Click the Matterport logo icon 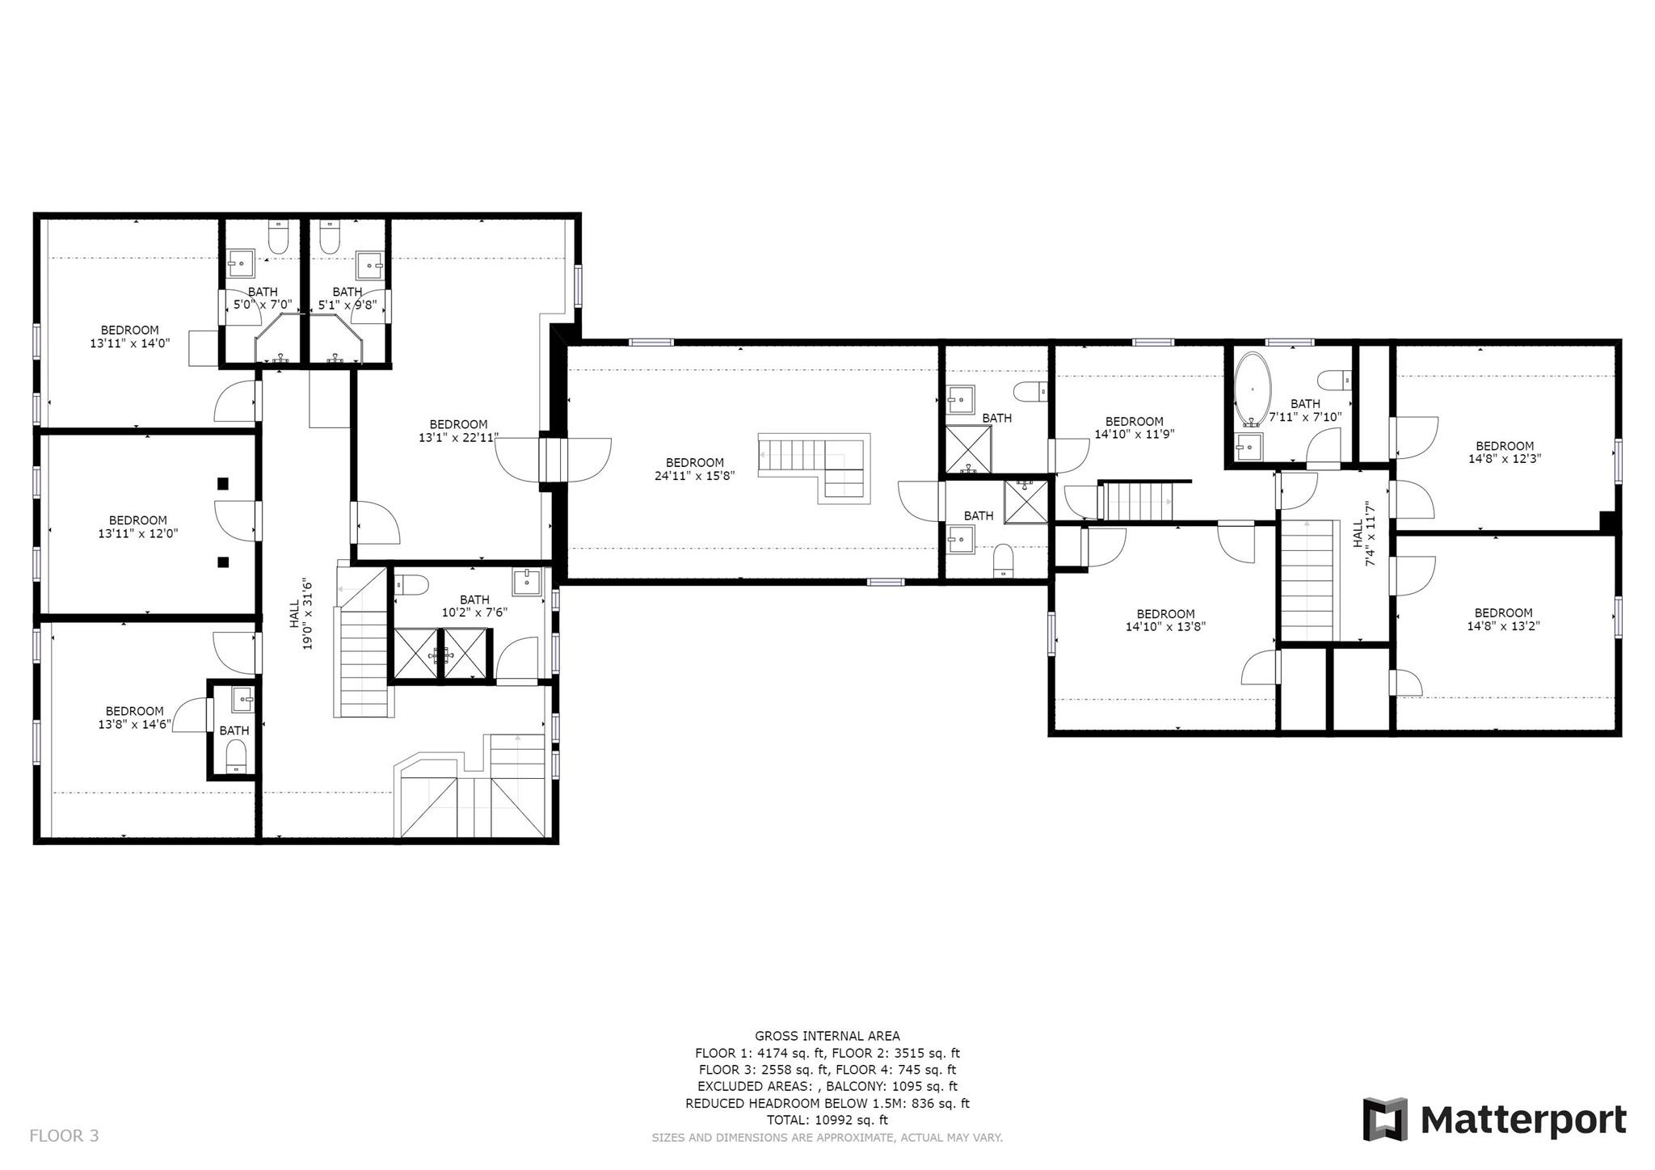[x=1385, y=1119]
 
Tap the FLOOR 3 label [x=64, y=1136]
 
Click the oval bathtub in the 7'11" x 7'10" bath [x=1252, y=389]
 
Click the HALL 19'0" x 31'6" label [x=301, y=613]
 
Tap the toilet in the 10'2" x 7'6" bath [x=411, y=584]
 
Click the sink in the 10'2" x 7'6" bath [x=527, y=582]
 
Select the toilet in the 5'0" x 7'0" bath [x=278, y=237]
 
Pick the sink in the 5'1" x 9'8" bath [x=370, y=263]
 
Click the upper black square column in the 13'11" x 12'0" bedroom [x=223, y=484]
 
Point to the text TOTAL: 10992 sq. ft [x=827, y=1120]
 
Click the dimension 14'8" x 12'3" [x=1505, y=459]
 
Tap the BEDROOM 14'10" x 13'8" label [x=1165, y=620]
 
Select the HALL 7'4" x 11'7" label [x=1363, y=533]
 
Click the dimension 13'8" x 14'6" [x=135, y=725]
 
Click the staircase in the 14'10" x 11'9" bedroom [x=1135, y=501]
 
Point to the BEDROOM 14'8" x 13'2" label [x=1504, y=619]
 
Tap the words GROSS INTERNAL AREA [x=827, y=1036]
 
